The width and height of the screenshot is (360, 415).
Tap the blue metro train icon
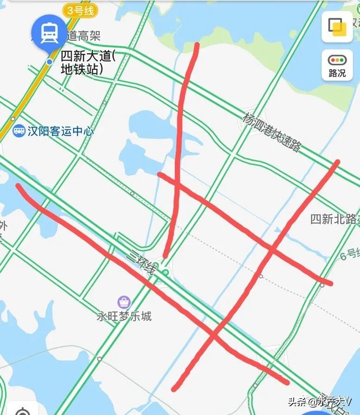49,32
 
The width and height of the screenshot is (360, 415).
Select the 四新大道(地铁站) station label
87,63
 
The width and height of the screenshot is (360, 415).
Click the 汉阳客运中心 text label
60,131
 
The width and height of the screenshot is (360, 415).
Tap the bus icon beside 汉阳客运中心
19,131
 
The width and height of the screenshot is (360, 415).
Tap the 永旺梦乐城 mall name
124,317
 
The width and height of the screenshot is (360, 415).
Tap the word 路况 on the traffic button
337,73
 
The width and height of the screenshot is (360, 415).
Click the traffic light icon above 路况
337,60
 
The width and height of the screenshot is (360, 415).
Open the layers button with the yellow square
337,26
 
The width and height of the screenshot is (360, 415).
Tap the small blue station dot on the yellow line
50,62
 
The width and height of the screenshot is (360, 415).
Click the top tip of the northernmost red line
197,45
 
